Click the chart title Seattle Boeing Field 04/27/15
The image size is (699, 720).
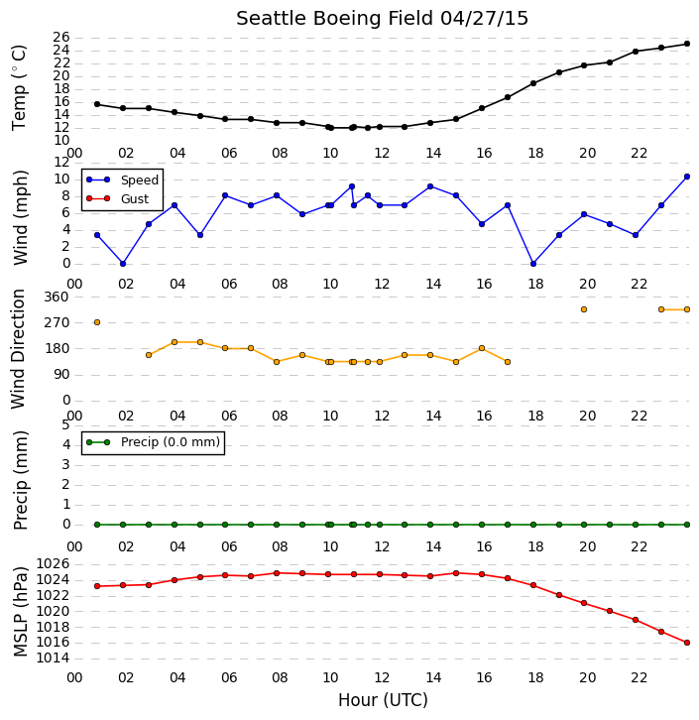(x=382, y=19)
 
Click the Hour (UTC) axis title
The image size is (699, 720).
(x=383, y=700)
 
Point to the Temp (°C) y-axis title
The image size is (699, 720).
(x=19, y=87)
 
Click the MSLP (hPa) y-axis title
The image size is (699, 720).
(x=21, y=612)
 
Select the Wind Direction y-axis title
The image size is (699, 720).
(x=18, y=349)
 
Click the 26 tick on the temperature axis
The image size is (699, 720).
(x=61, y=37)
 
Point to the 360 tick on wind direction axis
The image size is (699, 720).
(x=57, y=297)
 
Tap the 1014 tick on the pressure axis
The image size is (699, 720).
(x=53, y=658)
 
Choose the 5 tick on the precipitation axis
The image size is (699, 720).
(x=65, y=424)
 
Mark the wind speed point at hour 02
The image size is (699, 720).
(x=123, y=264)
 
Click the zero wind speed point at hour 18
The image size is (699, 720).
(x=532, y=264)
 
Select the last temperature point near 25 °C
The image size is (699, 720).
(x=687, y=44)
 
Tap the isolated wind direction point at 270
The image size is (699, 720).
(x=97, y=322)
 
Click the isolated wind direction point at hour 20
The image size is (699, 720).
(x=584, y=309)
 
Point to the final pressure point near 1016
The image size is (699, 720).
(x=687, y=643)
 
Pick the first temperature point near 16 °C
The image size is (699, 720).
(x=97, y=104)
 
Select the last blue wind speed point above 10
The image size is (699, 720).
(x=687, y=177)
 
